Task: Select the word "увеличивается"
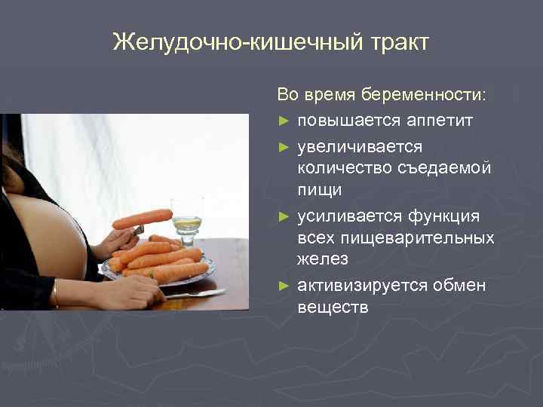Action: tap(360, 145)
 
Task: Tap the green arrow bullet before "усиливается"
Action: tap(284, 216)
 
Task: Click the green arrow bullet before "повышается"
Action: tap(284, 121)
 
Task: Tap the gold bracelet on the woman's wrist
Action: tap(55, 293)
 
